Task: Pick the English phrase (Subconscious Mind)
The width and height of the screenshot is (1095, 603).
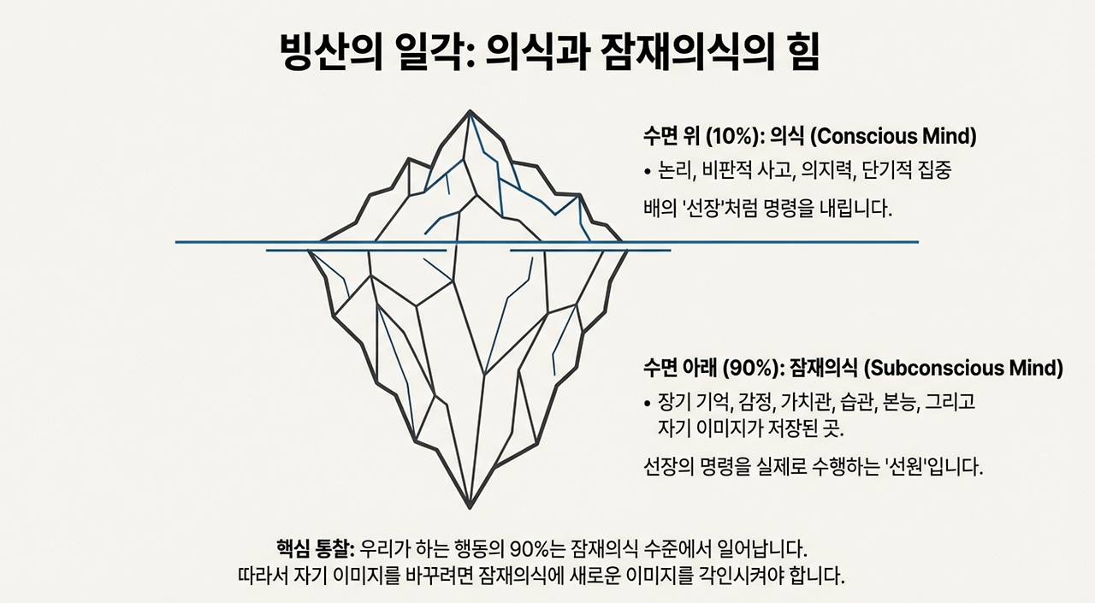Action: tap(963, 369)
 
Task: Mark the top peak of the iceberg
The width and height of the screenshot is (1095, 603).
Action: tap(469, 111)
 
